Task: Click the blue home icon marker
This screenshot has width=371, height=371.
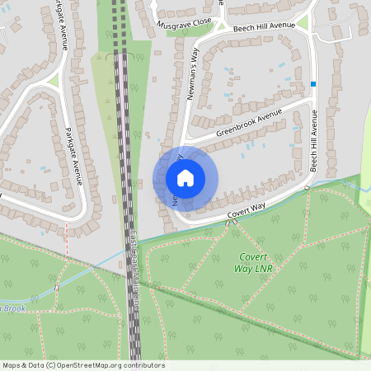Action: tap(185, 178)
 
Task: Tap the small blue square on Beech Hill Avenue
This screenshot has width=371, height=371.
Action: tap(313, 84)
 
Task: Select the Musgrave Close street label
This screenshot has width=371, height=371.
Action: tap(185, 26)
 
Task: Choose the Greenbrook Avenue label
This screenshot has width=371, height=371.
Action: tap(248, 121)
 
